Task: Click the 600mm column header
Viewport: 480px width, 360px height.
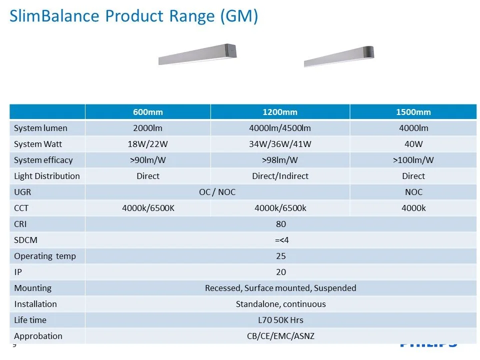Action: click(x=148, y=112)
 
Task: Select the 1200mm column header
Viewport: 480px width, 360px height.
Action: click(x=280, y=112)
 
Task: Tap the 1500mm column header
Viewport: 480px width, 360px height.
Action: click(x=413, y=112)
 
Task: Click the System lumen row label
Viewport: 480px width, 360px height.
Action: click(x=40, y=128)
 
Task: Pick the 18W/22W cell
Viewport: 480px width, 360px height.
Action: click(x=148, y=144)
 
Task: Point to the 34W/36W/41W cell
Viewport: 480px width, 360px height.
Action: click(x=280, y=144)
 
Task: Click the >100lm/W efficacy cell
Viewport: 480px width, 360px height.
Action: click(x=413, y=160)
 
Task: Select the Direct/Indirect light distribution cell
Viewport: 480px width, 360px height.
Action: click(x=280, y=176)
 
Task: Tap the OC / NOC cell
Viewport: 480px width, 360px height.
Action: click(x=217, y=192)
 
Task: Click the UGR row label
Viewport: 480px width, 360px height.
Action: click(x=22, y=192)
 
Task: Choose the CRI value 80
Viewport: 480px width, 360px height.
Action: click(x=281, y=224)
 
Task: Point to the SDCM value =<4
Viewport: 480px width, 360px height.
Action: click(x=281, y=240)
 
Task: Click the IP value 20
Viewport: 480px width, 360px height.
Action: click(x=281, y=272)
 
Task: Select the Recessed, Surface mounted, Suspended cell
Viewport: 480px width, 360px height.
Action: click(x=280, y=288)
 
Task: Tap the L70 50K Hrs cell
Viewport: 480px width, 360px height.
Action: click(x=280, y=320)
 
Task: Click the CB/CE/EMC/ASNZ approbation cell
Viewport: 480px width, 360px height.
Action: click(x=280, y=336)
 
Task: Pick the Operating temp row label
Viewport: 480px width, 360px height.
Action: click(x=45, y=256)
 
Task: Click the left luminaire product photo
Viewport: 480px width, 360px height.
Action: click(x=197, y=54)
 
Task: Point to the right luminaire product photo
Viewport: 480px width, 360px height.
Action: click(x=339, y=56)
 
